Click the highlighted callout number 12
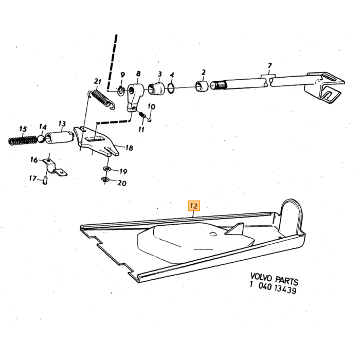[x=194, y=206]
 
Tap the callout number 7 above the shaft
[x=270, y=66]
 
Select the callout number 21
[x=98, y=81]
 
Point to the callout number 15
[x=23, y=129]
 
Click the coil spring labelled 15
[x=22, y=140]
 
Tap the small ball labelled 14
[x=41, y=139]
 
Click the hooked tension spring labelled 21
[x=101, y=99]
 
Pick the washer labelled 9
[x=121, y=91]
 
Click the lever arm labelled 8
[x=135, y=97]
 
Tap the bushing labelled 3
[x=156, y=89]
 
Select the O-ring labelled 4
[x=171, y=88]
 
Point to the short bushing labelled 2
[x=202, y=86]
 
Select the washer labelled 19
[x=107, y=169]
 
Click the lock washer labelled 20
[x=105, y=180]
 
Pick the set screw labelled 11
[x=142, y=114]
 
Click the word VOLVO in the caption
[x=261, y=277]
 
